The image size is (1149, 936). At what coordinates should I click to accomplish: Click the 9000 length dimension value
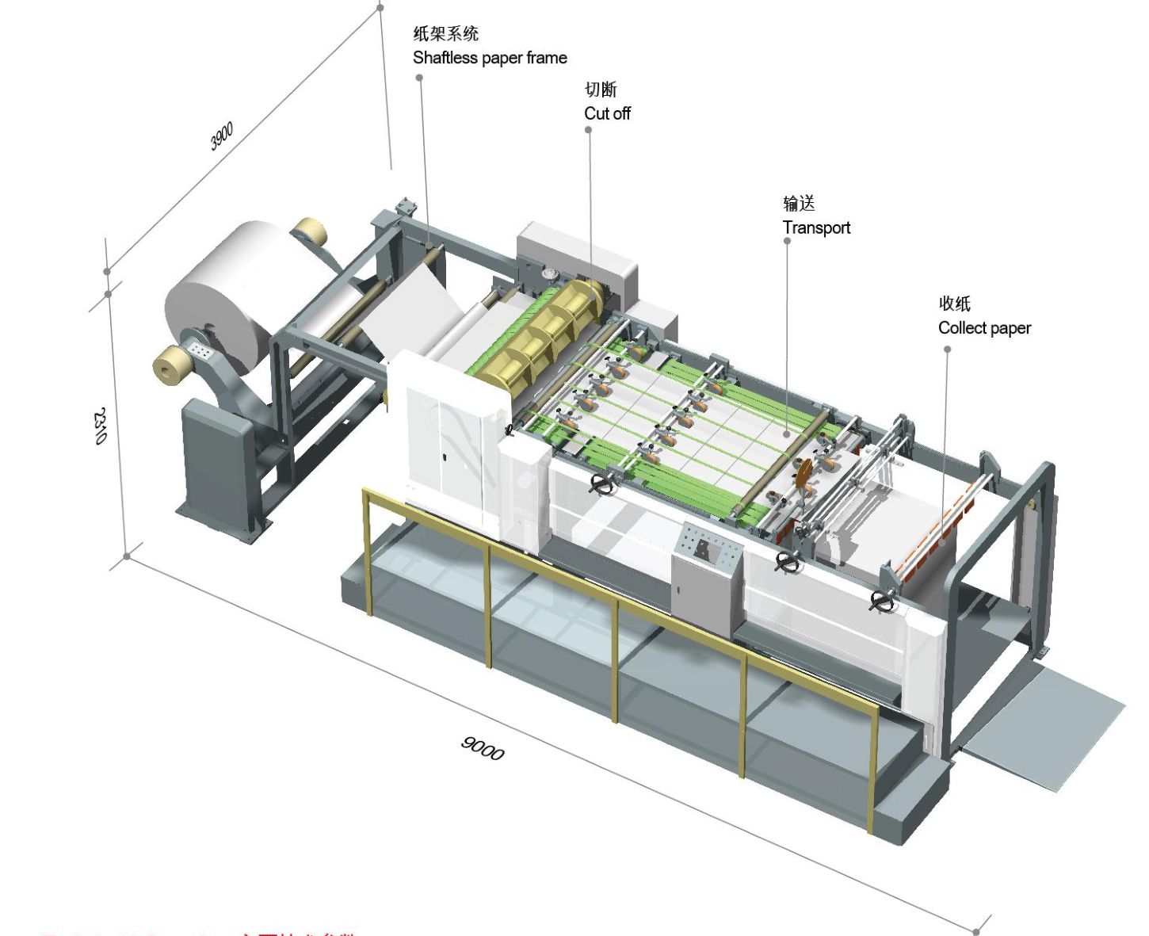click(483, 747)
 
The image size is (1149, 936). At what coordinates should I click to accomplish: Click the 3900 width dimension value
click(222, 136)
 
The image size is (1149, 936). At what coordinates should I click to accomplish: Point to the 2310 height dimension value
click(101, 426)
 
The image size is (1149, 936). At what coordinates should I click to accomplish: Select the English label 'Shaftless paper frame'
click(490, 58)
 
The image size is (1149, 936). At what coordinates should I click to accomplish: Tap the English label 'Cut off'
click(607, 113)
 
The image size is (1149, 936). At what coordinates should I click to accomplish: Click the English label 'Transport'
click(816, 228)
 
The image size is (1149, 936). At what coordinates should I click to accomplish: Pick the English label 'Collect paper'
click(984, 328)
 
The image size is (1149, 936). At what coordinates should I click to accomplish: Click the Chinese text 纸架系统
click(445, 33)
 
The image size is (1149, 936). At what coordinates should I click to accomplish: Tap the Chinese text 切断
click(600, 90)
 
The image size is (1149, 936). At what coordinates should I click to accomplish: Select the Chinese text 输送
click(799, 204)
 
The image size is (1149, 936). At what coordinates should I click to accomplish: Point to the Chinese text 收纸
click(954, 304)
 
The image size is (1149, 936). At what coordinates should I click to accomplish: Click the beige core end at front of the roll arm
click(172, 366)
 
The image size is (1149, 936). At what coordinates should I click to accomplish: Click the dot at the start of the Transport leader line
click(787, 241)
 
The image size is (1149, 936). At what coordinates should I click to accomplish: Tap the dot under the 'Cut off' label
click(588, 130)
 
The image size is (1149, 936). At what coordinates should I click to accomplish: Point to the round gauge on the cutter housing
click(548, 273)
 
